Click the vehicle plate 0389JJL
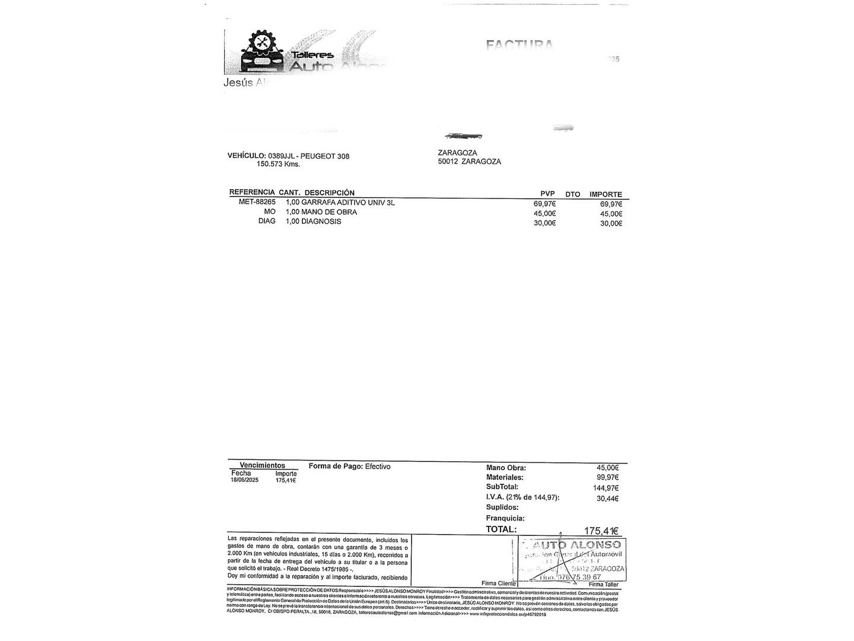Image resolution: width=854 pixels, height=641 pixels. point(281,156)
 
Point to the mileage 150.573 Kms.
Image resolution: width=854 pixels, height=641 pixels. point(278,164)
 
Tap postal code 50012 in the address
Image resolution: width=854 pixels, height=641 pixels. point(448,161)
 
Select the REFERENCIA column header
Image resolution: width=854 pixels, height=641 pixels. point(252,193)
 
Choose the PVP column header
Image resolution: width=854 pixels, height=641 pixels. point(547,194)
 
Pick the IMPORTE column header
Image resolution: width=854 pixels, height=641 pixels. point(606,194)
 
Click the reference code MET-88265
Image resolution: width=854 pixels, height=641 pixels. point(257,202)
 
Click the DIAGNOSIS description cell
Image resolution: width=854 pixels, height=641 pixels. point(321,221)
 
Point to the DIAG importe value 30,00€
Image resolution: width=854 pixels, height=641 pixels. point(611,224)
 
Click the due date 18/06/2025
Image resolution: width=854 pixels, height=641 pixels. point(244,480)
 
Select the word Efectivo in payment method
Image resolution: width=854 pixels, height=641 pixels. point(378,467)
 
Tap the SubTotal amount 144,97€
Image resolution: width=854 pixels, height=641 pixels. point(606,488)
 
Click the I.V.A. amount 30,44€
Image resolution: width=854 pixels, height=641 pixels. point(607,499)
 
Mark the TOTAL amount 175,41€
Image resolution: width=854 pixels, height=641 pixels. point(601,531)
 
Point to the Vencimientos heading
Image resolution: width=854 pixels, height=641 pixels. point(262,465)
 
